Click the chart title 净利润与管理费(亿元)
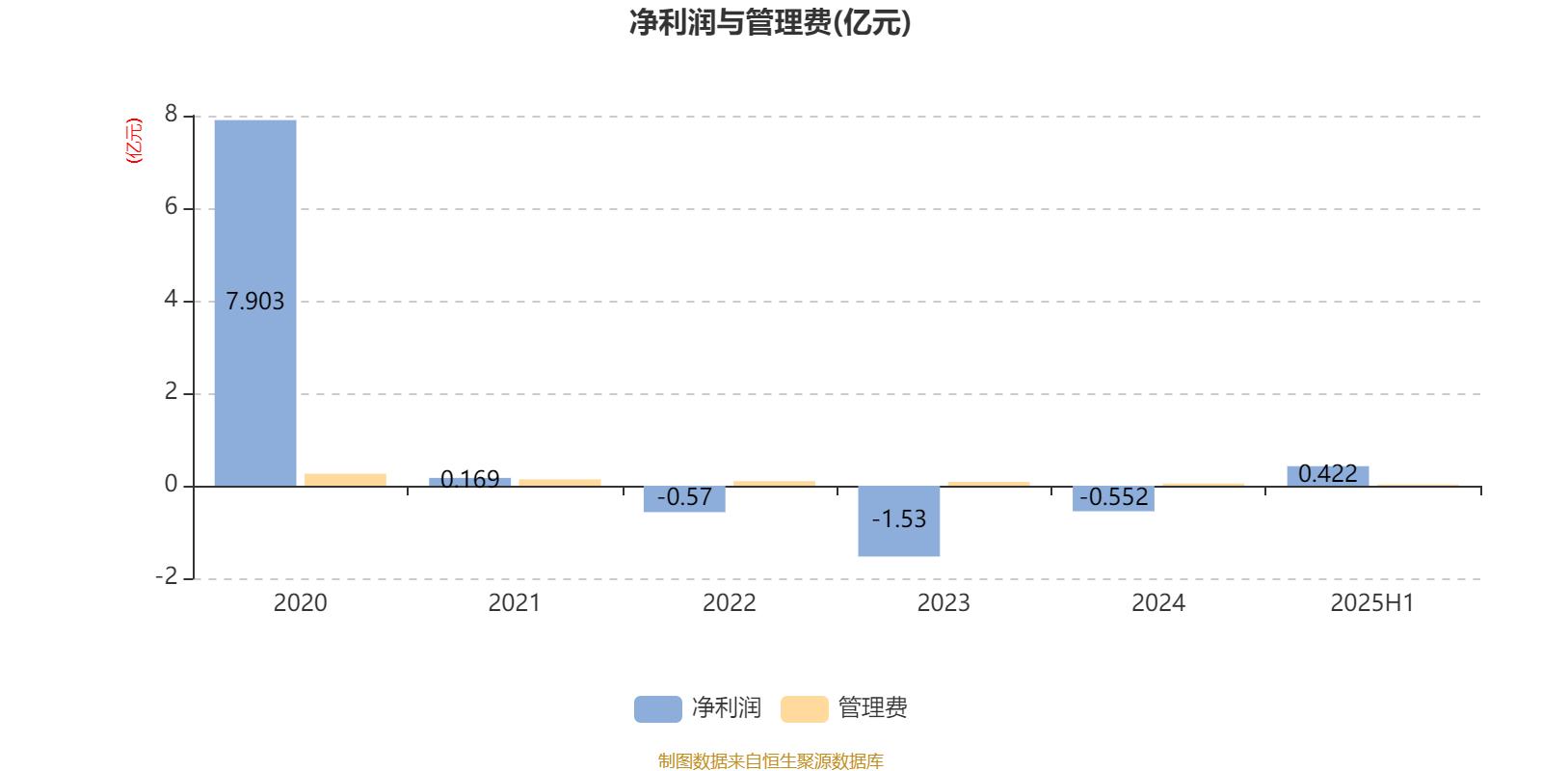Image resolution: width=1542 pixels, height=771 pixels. (x=770, y=23)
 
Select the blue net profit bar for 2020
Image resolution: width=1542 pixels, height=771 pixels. (x=255, y=303)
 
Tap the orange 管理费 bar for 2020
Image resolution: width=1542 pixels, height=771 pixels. (x=346, y=480)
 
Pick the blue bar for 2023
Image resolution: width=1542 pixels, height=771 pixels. (x=899, y=521)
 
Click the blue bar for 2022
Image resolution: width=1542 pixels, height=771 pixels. (x=684, y=499)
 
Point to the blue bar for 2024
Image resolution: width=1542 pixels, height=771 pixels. (x=1113, y=498)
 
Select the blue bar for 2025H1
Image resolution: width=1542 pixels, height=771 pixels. (x=1328, y=476)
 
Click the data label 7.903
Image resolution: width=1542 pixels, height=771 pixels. (x=254, y=302)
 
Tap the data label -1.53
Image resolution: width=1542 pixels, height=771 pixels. (x=899, y=519)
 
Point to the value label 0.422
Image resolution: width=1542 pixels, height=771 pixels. (x=1328, y=473)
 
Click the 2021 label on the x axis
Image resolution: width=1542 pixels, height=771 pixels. (x=515, y=603)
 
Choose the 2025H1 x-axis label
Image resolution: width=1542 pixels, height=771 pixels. (x=1372, y=603)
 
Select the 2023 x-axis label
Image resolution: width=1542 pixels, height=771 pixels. (x=944, y=603)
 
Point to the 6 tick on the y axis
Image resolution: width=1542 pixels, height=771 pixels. (x=171, y=206)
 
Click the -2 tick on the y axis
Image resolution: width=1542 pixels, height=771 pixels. (x=166, y=576)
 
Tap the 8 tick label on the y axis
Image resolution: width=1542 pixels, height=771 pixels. (x=171, y=114)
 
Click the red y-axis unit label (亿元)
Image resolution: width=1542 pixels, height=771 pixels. (x=134, y=141)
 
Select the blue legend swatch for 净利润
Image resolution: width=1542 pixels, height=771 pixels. (x=658, y=709)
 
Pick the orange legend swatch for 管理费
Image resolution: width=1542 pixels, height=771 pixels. (x=805, y=709)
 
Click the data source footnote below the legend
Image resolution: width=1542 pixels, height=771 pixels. (x=770, y=760)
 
